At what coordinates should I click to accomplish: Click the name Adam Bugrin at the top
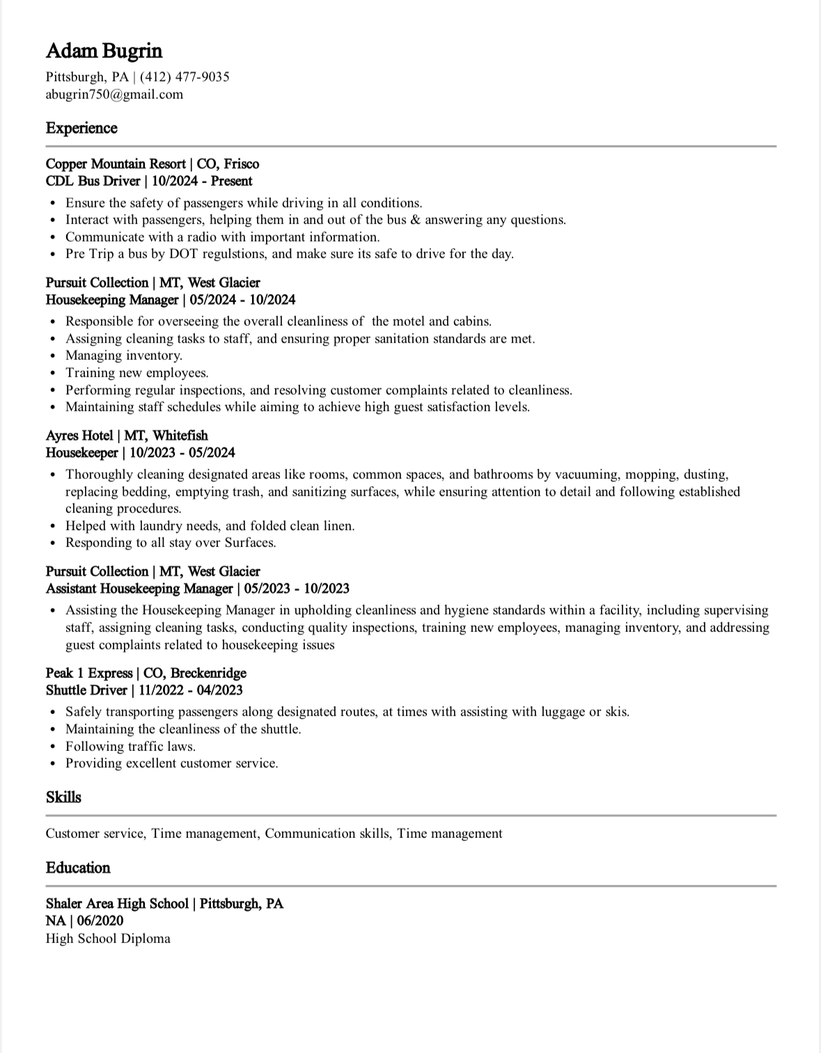coord(104,51)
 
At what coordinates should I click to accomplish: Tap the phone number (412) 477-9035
coord(185,77)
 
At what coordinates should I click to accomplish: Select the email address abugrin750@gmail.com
coord(114,95)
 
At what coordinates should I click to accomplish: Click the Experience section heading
coord(81,128)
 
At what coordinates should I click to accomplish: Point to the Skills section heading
coord(63,797)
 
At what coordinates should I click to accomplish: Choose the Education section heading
coord(78,868)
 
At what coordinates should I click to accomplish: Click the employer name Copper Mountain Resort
coord(116,164)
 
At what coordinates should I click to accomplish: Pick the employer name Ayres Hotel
coord(79,436)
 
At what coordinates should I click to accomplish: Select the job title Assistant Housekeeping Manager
coord(139,589)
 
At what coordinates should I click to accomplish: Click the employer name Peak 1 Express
coord(89,673)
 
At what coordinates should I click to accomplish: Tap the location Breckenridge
coord(208,673)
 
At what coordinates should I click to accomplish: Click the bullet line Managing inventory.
coord(124,356)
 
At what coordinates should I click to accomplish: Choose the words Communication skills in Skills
coord(327,834)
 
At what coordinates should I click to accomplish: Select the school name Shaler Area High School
coord(117,904)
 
